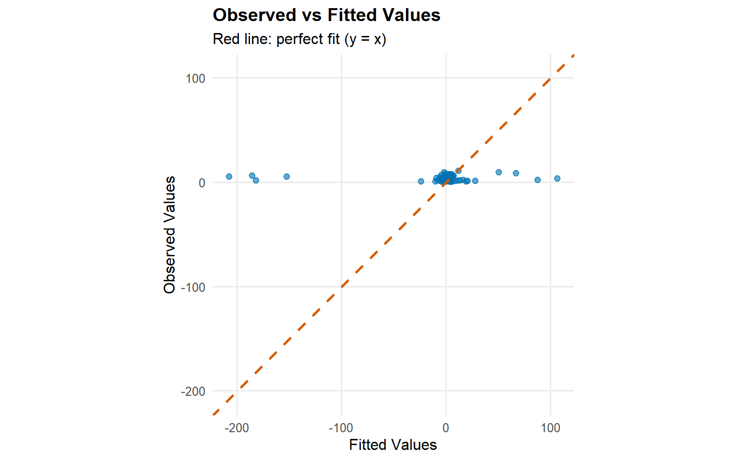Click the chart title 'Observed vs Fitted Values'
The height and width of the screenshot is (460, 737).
(326, 15)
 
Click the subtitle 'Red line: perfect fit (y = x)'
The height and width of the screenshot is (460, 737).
(299, 39)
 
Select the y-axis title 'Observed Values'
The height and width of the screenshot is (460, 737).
(169, 234)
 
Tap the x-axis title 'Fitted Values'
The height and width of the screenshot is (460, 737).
(392, 445)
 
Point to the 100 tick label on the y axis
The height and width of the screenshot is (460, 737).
(195, 79)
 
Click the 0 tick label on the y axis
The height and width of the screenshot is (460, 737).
(202, 183)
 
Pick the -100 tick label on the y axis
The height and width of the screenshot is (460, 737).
(193, 287)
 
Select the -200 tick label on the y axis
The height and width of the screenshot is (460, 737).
(193, 391)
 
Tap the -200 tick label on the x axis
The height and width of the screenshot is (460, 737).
(237, 428)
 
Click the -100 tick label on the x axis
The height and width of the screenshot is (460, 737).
(341, 428)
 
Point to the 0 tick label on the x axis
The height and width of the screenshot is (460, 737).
(446, 428)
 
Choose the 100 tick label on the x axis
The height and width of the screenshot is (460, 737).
(550, 428)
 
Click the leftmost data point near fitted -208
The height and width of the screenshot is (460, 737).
(229, 176)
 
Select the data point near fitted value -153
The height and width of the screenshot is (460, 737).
(286, 176)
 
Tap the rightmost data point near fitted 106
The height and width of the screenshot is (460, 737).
(557, 178)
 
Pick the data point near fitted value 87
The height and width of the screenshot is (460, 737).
(537, 180)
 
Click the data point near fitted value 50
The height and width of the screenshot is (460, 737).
(499, 172)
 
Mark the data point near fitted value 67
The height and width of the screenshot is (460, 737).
(516, 173)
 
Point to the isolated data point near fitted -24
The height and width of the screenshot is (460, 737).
(421, 181)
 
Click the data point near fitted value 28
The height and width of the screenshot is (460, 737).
(475, 181)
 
